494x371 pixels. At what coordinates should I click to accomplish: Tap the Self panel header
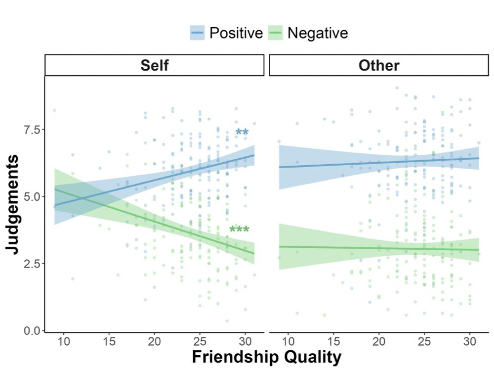[x=155, y=65]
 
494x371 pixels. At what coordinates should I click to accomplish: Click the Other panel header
[x=379, y=65]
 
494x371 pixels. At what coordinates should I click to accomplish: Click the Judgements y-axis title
[x=14, y=204]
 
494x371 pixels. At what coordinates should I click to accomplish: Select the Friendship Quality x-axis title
[x=266, y=357]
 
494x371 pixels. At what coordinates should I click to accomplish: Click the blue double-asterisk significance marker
[x=242, y=133]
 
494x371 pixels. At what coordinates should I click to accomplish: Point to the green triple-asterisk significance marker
[x=240, y=230]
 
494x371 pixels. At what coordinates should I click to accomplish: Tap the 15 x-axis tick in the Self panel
[x=109, y=342]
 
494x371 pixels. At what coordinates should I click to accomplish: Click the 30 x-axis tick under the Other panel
[x=470, y=342]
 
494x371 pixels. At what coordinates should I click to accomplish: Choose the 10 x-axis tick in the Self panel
[x=63, y=342]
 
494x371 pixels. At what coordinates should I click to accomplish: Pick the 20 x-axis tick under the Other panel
[x=379, y=342]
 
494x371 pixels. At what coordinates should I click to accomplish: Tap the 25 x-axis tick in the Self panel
[x=200, y=342]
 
